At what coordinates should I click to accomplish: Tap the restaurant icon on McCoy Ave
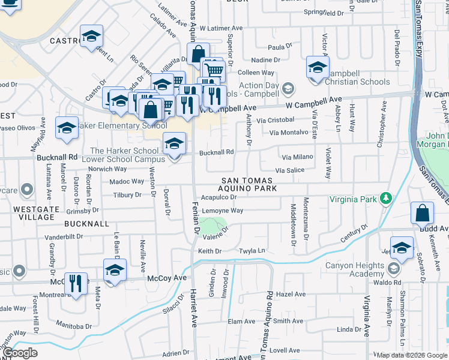(76, 283)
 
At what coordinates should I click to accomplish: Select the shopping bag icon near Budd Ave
(422, 212)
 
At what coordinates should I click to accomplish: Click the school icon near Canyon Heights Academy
(402, 248)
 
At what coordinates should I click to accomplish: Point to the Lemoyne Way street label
(222, 211)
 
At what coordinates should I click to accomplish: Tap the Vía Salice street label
(289, 170)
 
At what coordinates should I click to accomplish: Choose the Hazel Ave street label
(292, 294)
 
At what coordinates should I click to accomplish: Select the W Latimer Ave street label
(221, 28)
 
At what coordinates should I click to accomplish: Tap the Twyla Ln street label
(252, 251)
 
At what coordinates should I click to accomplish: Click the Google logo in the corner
(20, 353)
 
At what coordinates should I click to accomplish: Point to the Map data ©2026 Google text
(411, 355)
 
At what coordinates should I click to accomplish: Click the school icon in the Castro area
(91, 37)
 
